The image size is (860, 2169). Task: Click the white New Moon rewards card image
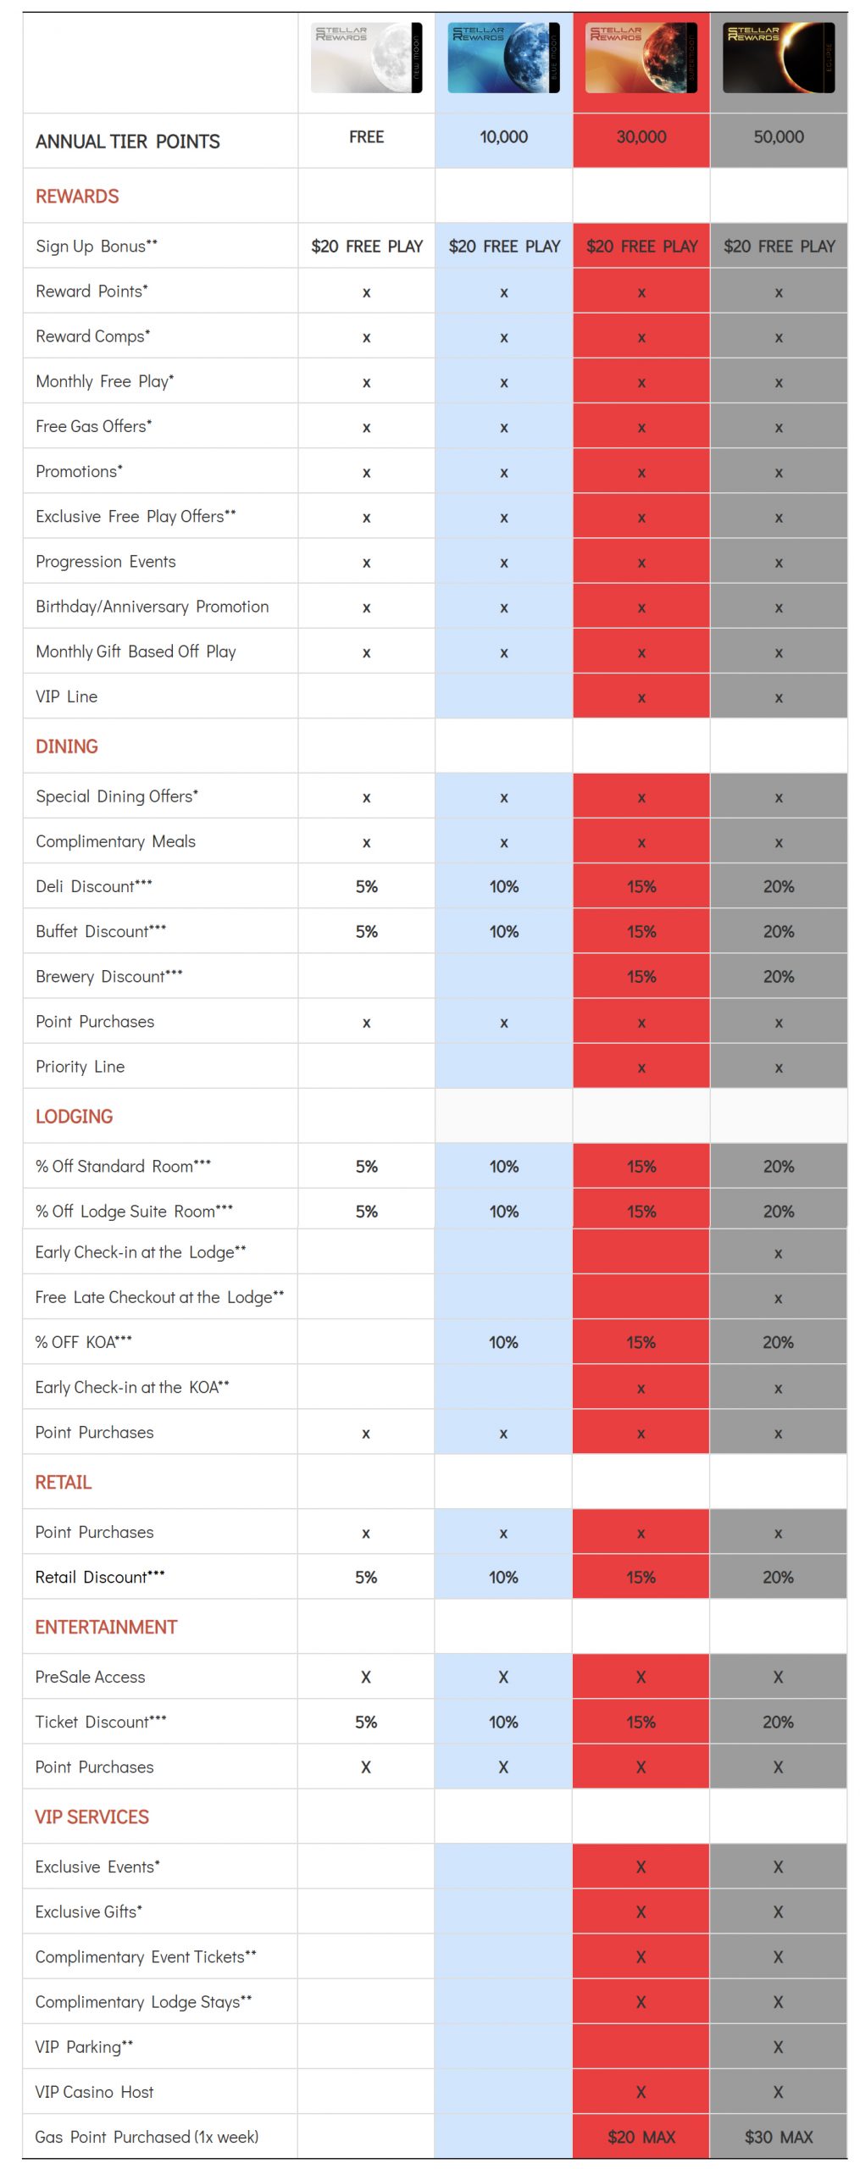click(366, 58)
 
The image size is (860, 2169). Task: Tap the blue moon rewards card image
click(503, 58)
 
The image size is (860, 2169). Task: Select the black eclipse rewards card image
click(778, 58)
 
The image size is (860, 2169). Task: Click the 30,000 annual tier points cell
click(641, 137)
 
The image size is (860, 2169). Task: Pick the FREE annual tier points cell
click(366, 137)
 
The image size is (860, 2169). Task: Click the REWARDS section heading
click(77, 197)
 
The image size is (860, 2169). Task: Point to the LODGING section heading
click(74, 1116)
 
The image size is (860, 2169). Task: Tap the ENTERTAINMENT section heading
click(106, 1627)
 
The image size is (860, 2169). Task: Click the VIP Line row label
click(66, 696)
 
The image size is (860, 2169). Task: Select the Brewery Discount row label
click(108, 976)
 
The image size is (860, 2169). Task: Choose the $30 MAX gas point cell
click(778, 2137)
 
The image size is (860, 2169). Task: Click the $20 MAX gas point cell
click(641, 2137)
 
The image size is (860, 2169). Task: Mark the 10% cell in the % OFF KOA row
click(503, 1342)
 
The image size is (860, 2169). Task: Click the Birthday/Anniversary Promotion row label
click(152, 607)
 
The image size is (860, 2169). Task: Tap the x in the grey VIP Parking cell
click(778, 2047)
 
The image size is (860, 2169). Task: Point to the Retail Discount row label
click(100, 1577)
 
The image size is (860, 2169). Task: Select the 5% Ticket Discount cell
click(366, 1722)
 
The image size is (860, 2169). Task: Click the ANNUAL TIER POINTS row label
click(127, 141)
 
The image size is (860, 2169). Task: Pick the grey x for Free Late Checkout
click(778, 1298)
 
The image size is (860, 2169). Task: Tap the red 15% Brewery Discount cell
click(641, 976)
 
